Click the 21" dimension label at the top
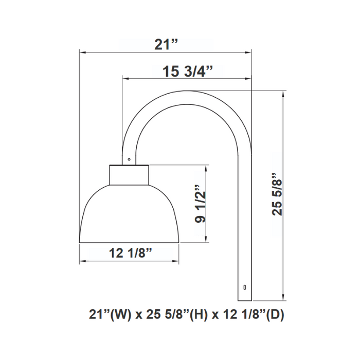click(x=166, y=44)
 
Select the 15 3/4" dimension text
click(x=188, y=71)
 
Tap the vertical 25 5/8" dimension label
click(x=278, y=193)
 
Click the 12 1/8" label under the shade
click(x=131, y=253)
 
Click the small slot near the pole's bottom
click(x=245, y=287)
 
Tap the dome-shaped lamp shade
click(x=130, y=216)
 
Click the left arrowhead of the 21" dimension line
click(x=81, y=52)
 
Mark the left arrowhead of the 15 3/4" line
click(x=125, y=79)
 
